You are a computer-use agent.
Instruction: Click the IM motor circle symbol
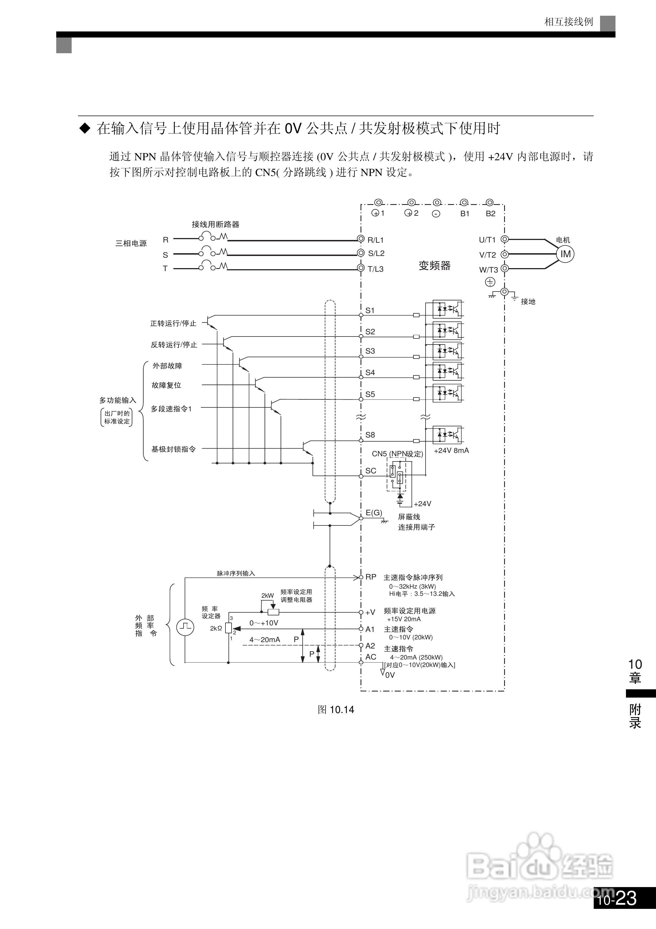point(565,254)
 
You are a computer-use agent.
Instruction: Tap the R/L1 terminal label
point(375,240)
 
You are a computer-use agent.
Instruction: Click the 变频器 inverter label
point(434,266)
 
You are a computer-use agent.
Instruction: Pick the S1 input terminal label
point(370,310)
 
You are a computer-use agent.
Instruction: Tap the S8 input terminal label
point(370,435)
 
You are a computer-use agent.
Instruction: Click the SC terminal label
point(370,471)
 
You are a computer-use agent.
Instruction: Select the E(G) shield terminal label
point(374,513)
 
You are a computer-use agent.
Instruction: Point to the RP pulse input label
point(370,577)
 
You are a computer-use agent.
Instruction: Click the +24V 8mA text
point(451,450)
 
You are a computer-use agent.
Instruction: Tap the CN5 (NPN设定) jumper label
point(397,454)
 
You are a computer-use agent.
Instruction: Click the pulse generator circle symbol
point(185,628)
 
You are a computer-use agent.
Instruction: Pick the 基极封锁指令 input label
point(173,449)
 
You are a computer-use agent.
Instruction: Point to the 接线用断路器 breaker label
point(215,224)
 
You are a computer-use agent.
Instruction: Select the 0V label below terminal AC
point(389,675)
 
